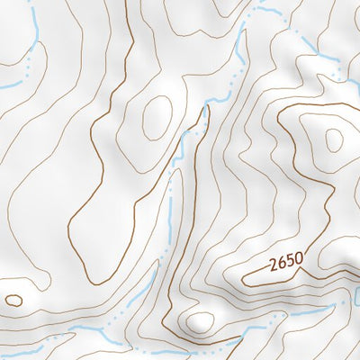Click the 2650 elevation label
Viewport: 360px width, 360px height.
tap(285, 264)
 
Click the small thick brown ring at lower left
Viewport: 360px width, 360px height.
tap(13, 300)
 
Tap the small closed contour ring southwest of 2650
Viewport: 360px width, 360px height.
tap(201, 321)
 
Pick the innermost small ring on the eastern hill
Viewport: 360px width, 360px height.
tap(334, 139)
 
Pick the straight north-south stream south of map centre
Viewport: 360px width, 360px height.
tap(170, 216)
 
